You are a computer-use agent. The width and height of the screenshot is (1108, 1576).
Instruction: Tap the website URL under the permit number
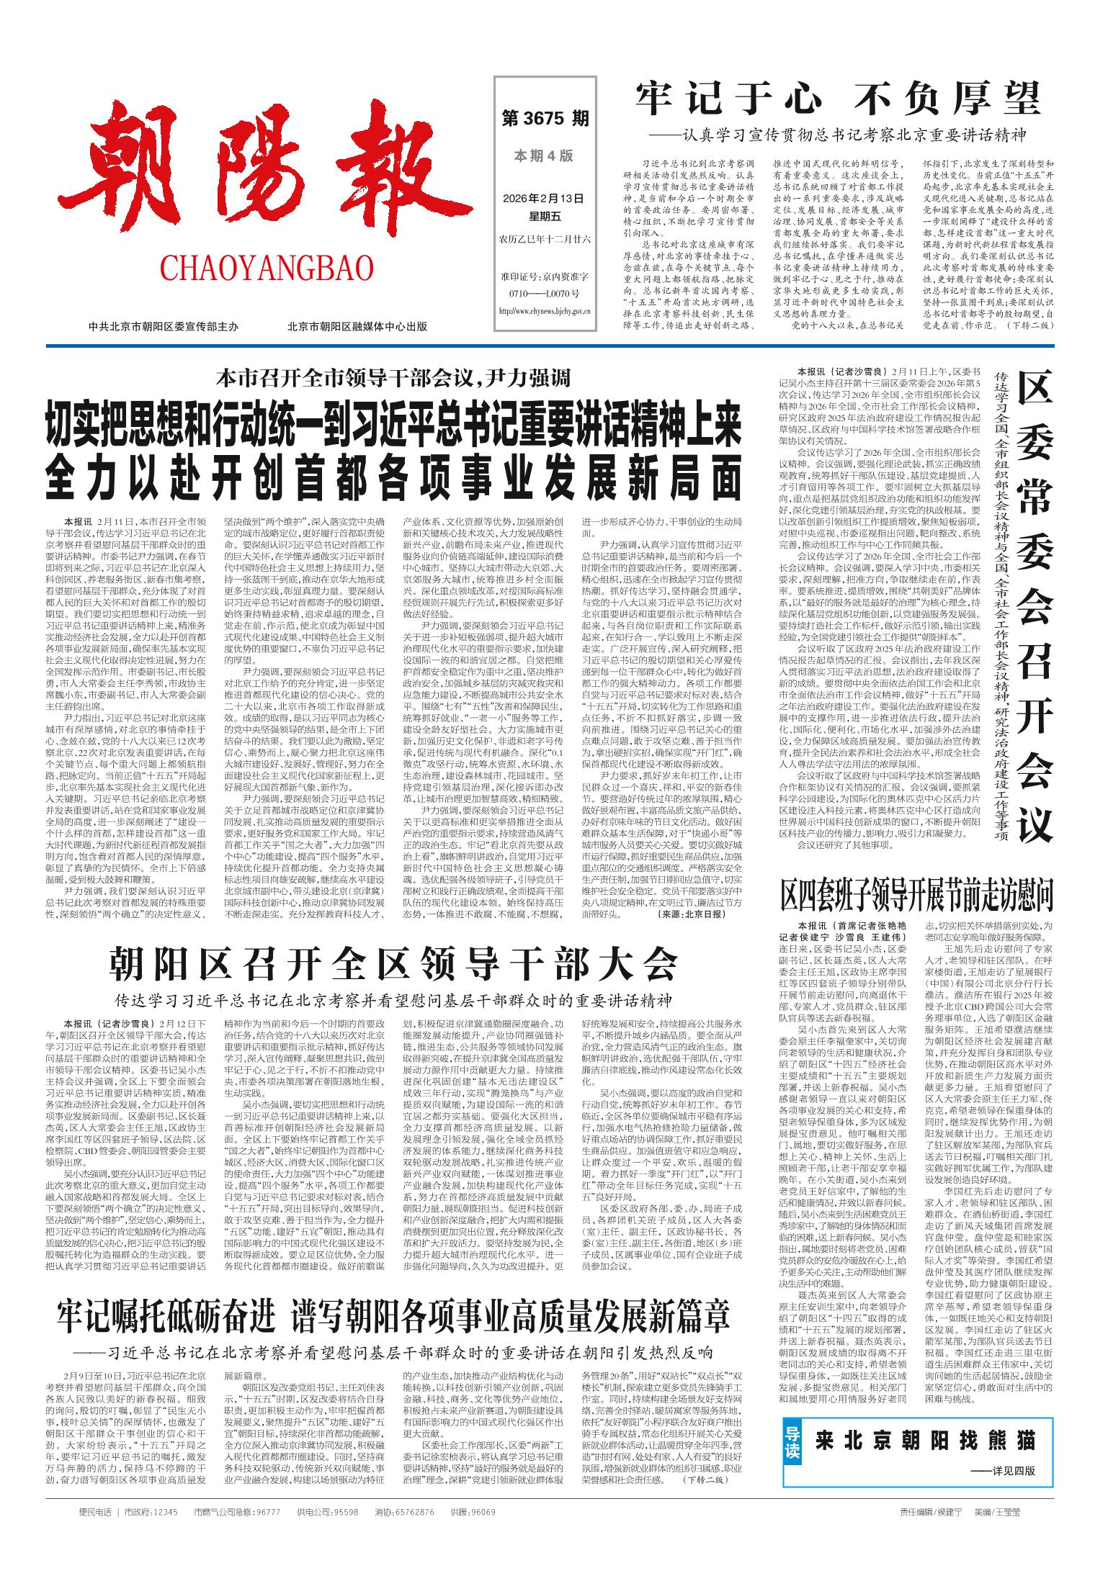click(x=544, y=311)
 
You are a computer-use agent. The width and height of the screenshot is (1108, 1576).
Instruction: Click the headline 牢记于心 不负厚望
click(x=839, y=99)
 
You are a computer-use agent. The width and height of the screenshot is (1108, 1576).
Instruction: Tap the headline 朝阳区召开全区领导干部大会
click(x=393, y=962)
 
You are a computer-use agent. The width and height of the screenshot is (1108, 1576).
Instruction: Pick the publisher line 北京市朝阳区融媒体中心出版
click(x=357, y=326)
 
